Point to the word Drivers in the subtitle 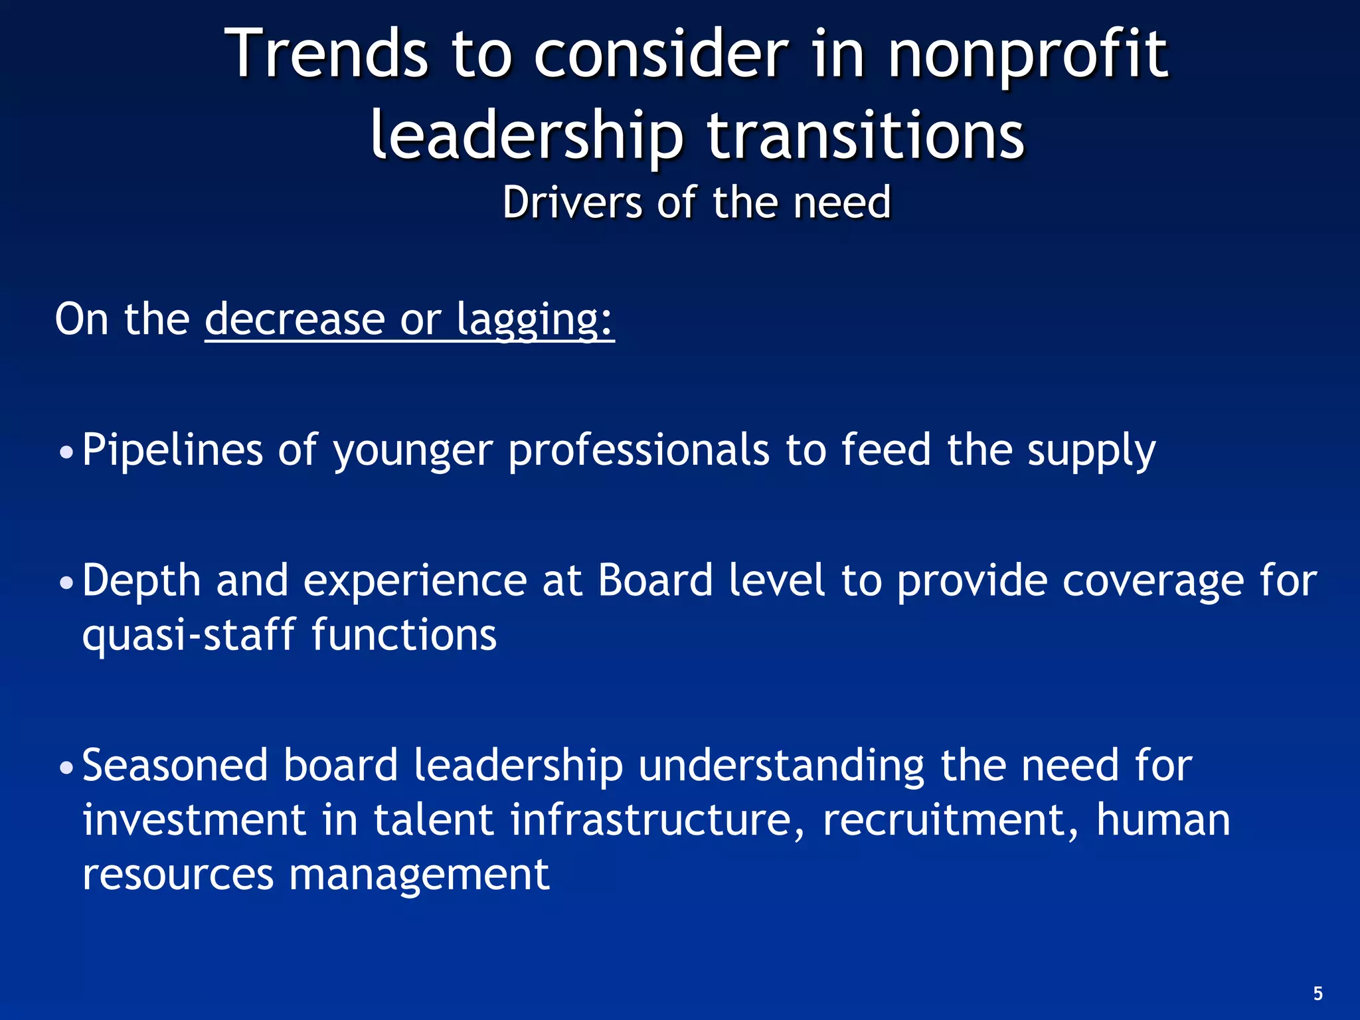572,202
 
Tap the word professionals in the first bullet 639,450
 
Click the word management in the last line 419,874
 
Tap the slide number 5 1317,993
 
